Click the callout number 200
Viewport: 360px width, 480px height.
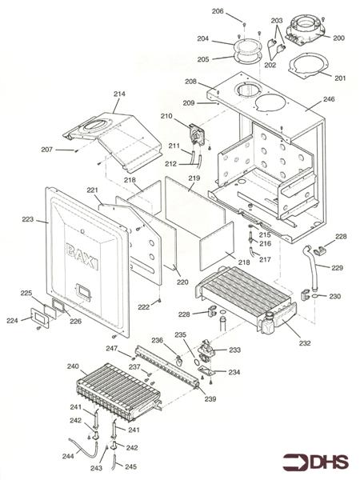(338, 38)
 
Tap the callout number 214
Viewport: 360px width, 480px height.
(119, 94)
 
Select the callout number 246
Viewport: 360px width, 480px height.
(329, 99)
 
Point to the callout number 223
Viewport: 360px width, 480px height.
(28, 219)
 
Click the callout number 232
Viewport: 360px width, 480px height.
(305, 343)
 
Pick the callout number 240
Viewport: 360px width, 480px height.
(73, 366)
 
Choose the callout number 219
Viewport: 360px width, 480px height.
(194, 178)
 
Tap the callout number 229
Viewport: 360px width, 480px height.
(337, 267)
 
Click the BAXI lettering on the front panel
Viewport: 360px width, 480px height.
(82, 256)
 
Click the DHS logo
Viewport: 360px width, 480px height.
(316, 462)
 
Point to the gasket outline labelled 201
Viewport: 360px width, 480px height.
(308, 66)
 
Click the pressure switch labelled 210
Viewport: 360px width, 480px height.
(197, 135)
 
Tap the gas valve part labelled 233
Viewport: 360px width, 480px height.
(207, 350)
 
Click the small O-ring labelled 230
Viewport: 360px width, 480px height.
(316, 296)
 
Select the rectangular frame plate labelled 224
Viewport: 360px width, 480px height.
(40, 317)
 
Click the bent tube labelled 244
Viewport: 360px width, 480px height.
(82, 448)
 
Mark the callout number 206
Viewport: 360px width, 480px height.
(218, 11)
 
